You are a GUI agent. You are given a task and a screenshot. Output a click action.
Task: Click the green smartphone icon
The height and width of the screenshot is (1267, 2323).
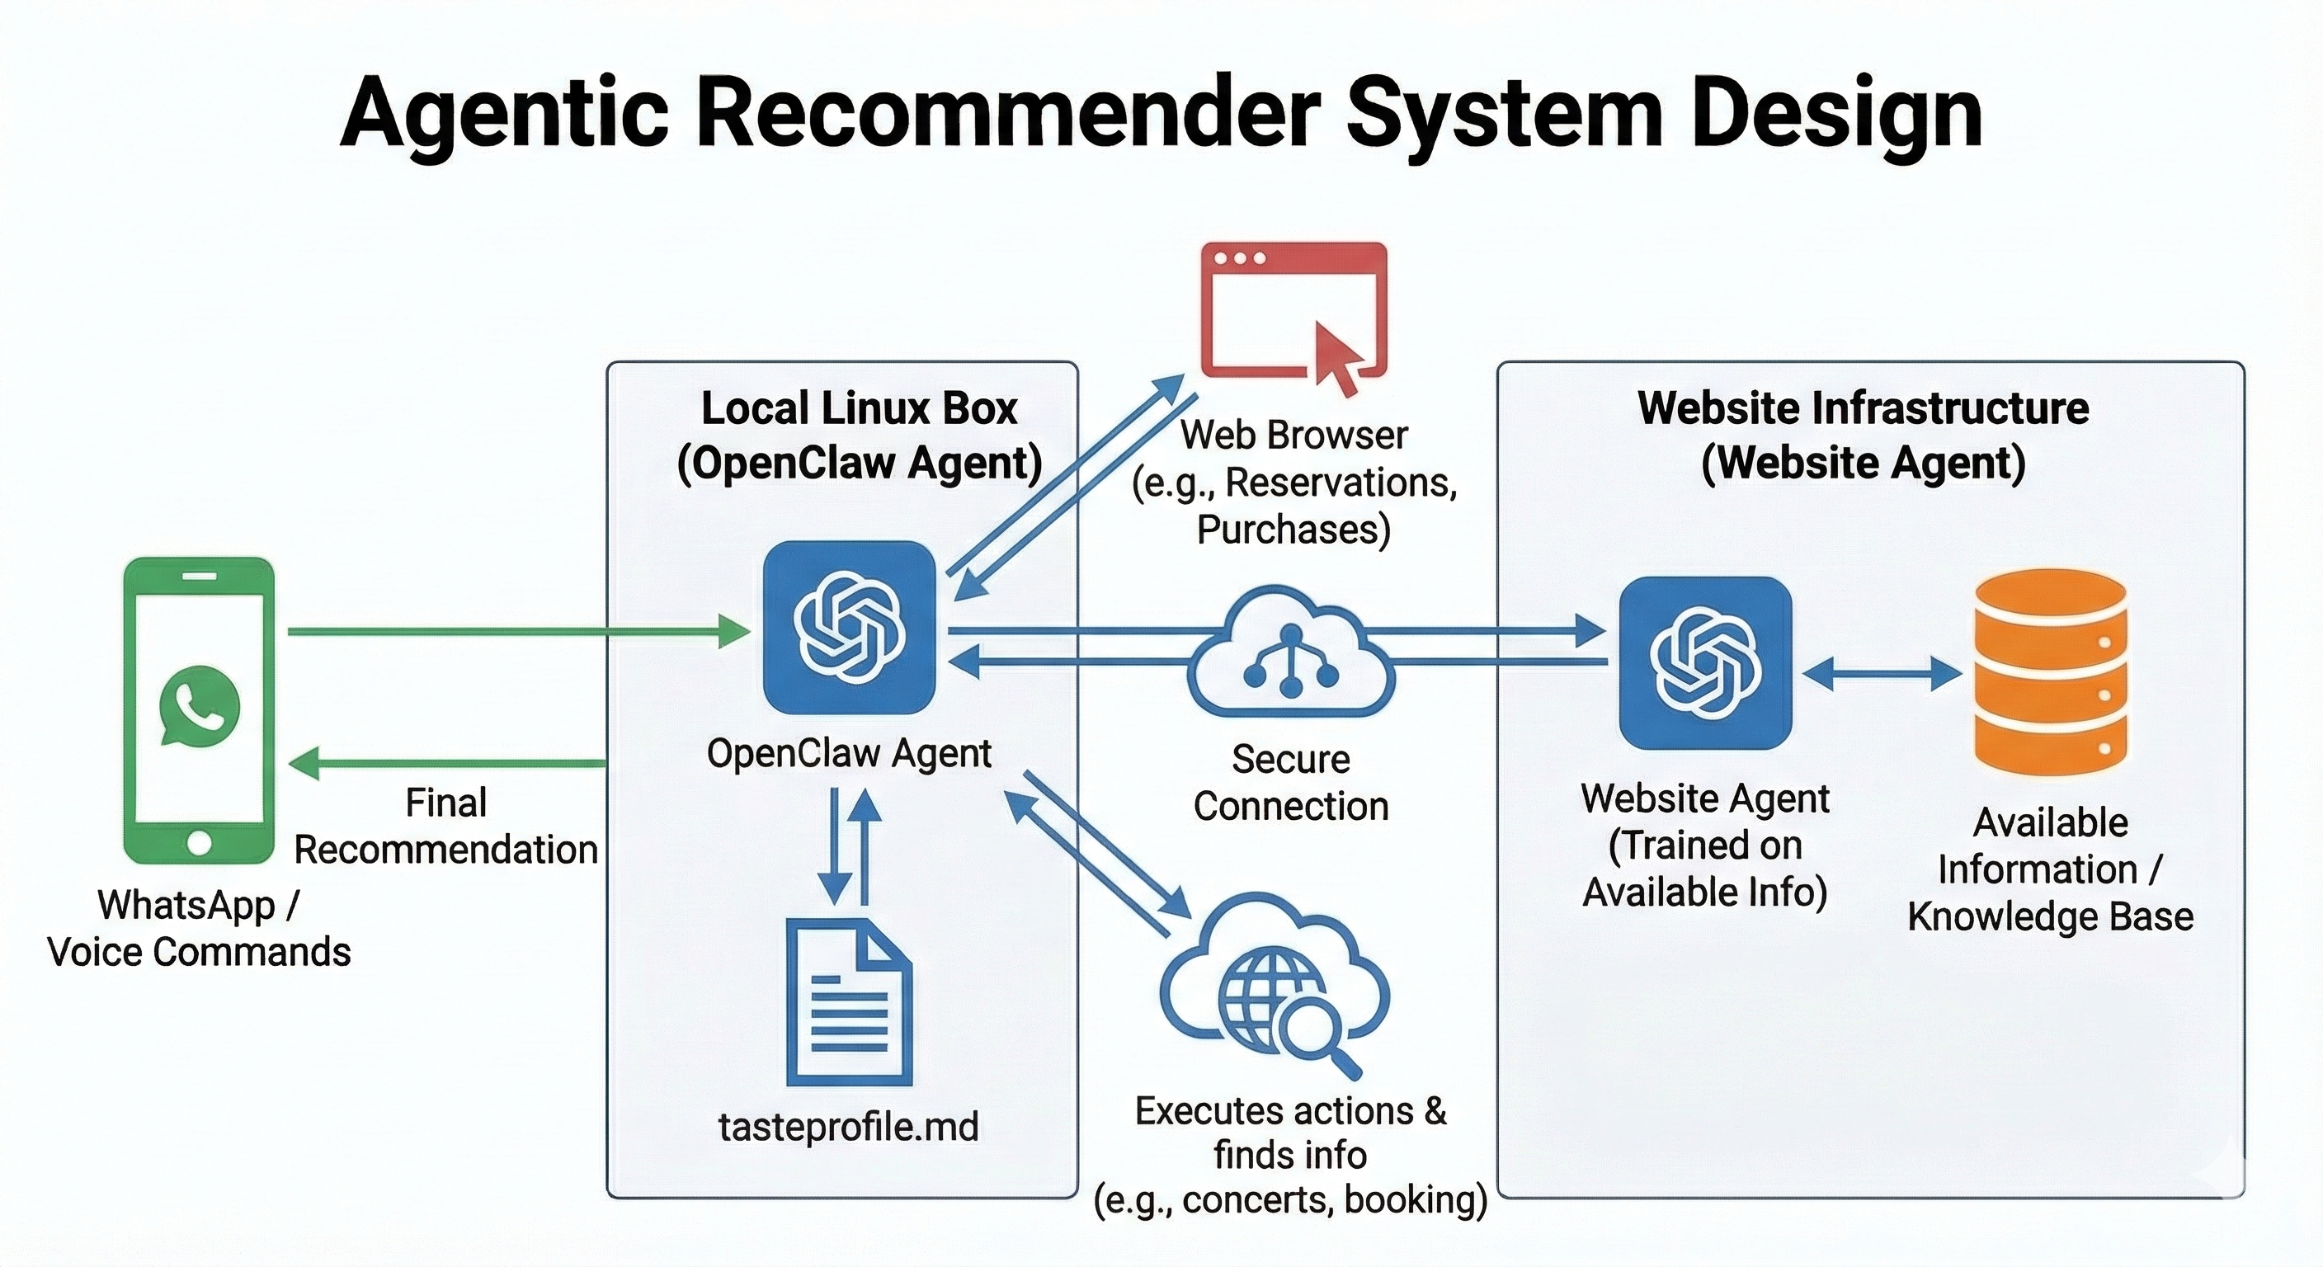click(198, 709)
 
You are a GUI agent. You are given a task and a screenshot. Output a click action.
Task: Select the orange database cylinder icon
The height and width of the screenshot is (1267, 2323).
click(2050, 671)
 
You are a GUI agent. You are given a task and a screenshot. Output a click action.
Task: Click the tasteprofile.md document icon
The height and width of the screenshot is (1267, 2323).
click(849, 1002)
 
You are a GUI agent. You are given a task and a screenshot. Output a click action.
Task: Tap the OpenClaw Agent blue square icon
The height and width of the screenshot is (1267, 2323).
click(849, 627)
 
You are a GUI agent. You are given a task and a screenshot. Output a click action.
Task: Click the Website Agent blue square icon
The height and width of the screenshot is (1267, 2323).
click(1704, 663)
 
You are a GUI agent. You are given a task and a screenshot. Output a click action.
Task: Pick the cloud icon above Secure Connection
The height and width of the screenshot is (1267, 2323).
click(1290, 653)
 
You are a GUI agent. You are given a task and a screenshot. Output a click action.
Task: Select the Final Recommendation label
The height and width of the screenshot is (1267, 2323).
click(445, 826)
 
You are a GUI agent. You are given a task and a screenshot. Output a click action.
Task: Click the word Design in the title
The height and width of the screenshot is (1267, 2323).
click(1835, 113)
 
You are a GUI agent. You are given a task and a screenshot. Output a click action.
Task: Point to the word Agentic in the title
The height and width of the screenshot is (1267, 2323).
click(504, 113)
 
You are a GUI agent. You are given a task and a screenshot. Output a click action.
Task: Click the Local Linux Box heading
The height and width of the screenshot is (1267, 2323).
click(859, 408)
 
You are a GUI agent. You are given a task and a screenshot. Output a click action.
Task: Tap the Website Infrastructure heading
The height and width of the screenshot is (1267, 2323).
click(1863, 408)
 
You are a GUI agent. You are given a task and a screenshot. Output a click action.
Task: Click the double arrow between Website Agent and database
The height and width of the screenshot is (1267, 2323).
click(1882, 674)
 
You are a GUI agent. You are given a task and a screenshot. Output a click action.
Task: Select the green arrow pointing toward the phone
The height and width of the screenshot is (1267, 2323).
click(446, 763)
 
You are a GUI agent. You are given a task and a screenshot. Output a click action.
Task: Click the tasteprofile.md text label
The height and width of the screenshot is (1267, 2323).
click(848, 1126)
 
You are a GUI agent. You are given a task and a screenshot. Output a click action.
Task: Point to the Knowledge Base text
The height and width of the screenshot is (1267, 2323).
click(2050, 916)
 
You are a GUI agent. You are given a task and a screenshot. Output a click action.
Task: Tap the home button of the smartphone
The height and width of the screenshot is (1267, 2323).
click(200, 843)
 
